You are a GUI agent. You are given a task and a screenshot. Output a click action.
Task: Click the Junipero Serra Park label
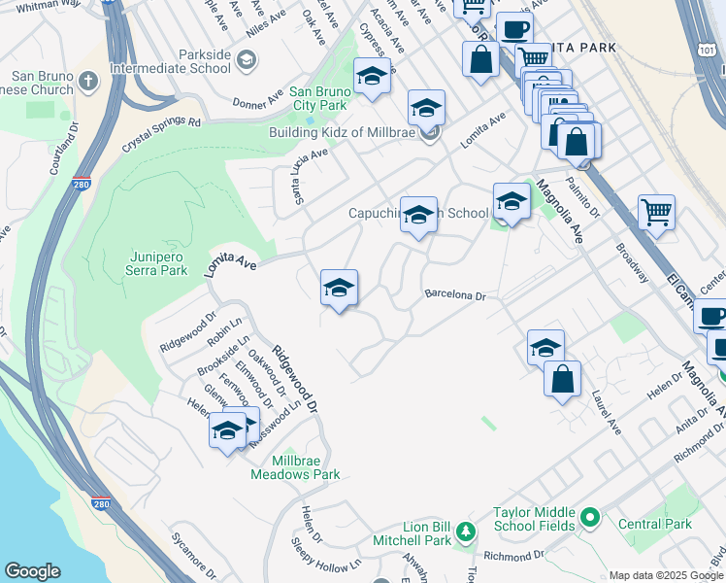(x=157, y=263)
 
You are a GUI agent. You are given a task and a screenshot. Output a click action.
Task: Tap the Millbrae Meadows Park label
(x=295, y=467)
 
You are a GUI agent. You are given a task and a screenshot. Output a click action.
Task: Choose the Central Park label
(x=655, y=524)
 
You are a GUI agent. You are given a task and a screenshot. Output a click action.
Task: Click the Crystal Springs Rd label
(x=161, y=136)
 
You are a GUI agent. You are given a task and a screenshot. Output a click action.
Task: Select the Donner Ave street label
(x=256, y=101)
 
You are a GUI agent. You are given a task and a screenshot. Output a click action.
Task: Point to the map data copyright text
(x=666, y=575)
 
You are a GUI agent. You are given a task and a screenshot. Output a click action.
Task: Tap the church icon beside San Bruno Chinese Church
(x=88, y=81)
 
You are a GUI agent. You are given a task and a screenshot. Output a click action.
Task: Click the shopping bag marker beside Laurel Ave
(x=563, y=379)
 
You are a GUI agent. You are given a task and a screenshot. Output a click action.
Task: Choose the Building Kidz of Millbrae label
(x=347, y=133)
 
